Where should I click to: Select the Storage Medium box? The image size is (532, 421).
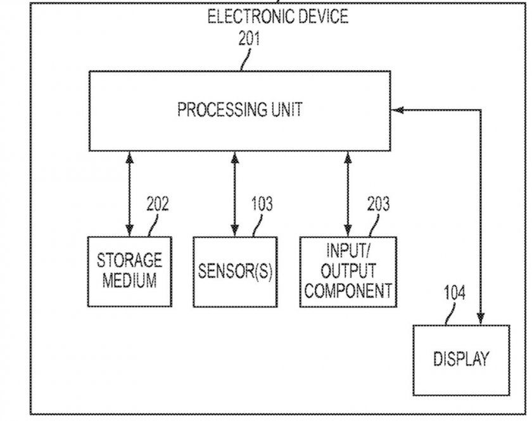pyautogui.click(x=129, y=271)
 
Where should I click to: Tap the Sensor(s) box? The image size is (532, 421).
pyautogui.click(x=235, y=271)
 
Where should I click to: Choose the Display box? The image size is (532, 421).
pyautogui.click(x=461, y=360)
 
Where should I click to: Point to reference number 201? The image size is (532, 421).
pyautogui.click(x=249, y=39)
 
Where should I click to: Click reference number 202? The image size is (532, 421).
pyautogui.click(x=158, y=204)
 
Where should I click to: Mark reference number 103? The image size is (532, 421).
pyautogui.click(x=262, y=204)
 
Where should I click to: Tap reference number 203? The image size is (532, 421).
pyautogui.click(x=378, y=204)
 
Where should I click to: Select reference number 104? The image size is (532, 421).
pyautogui.click(x=454, y=292)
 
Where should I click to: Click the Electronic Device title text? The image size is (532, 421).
pyautogui.click(x=278, y=16)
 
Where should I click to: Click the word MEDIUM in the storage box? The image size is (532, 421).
pyautogui.click(x=129, y=280)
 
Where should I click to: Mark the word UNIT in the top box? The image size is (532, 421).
pyautogui.click(x=284, y=110)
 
